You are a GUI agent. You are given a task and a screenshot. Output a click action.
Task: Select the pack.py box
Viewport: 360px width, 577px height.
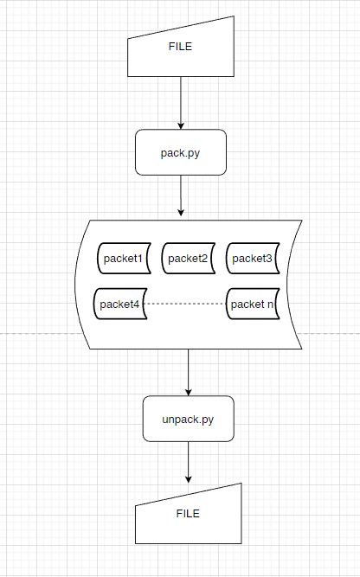coord(181,152)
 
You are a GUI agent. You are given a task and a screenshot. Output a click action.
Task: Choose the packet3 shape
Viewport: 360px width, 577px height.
coord(253,258)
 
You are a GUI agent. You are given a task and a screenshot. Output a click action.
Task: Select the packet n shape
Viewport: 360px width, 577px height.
coord(254,304)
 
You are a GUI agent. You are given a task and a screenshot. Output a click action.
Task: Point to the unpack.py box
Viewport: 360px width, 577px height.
coord(188,419)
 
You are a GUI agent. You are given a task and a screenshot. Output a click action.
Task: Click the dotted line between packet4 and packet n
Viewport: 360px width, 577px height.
coord(186,304)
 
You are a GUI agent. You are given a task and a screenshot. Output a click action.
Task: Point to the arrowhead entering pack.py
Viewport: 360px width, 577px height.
coord(181,125)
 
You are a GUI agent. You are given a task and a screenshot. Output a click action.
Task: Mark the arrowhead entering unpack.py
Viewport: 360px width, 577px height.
coord(188,391)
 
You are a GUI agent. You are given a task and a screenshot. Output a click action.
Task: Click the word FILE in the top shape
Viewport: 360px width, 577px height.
coord(180,47)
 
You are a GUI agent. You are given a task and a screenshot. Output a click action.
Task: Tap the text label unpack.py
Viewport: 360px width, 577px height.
coord(188,419)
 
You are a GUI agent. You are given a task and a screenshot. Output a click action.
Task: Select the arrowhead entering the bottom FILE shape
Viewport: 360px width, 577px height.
coord(188,478)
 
